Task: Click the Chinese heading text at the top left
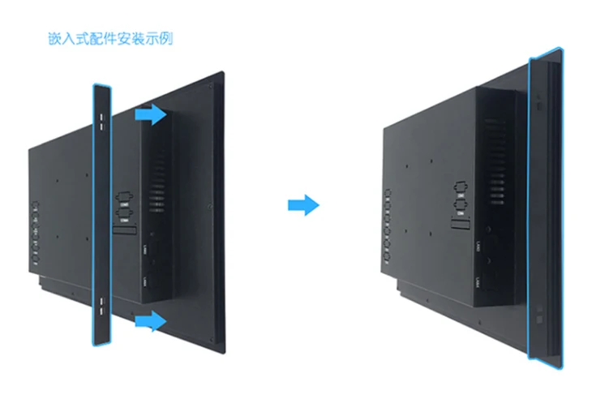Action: pyautogui.click(x=109, y=38)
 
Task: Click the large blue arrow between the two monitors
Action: pyautogui.click(x=303, y=206)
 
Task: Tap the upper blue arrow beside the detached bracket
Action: pyautogui.click(x=149, y=115)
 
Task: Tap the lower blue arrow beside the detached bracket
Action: pyautogui.click(x=149, y=322)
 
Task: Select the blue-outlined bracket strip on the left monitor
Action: pyautogui.click(x=101, y=215)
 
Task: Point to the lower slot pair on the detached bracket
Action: pyautogui.click(x=101, y=305)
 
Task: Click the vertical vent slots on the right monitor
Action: pyautogui.click(x=496, y=150)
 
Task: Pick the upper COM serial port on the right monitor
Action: pyautogui.click(x=459, y=187)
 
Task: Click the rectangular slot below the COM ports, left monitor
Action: pyautogui.click(x=124, y=232)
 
